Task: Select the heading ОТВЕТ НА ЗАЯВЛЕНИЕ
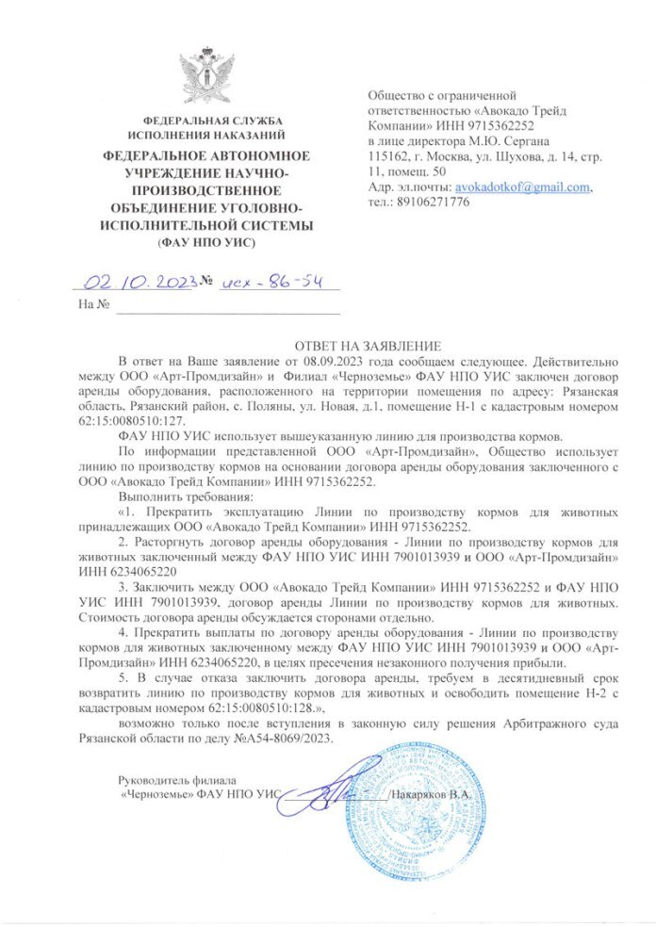(x=362, y=347)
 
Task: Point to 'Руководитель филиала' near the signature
(x=178, y=779)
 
